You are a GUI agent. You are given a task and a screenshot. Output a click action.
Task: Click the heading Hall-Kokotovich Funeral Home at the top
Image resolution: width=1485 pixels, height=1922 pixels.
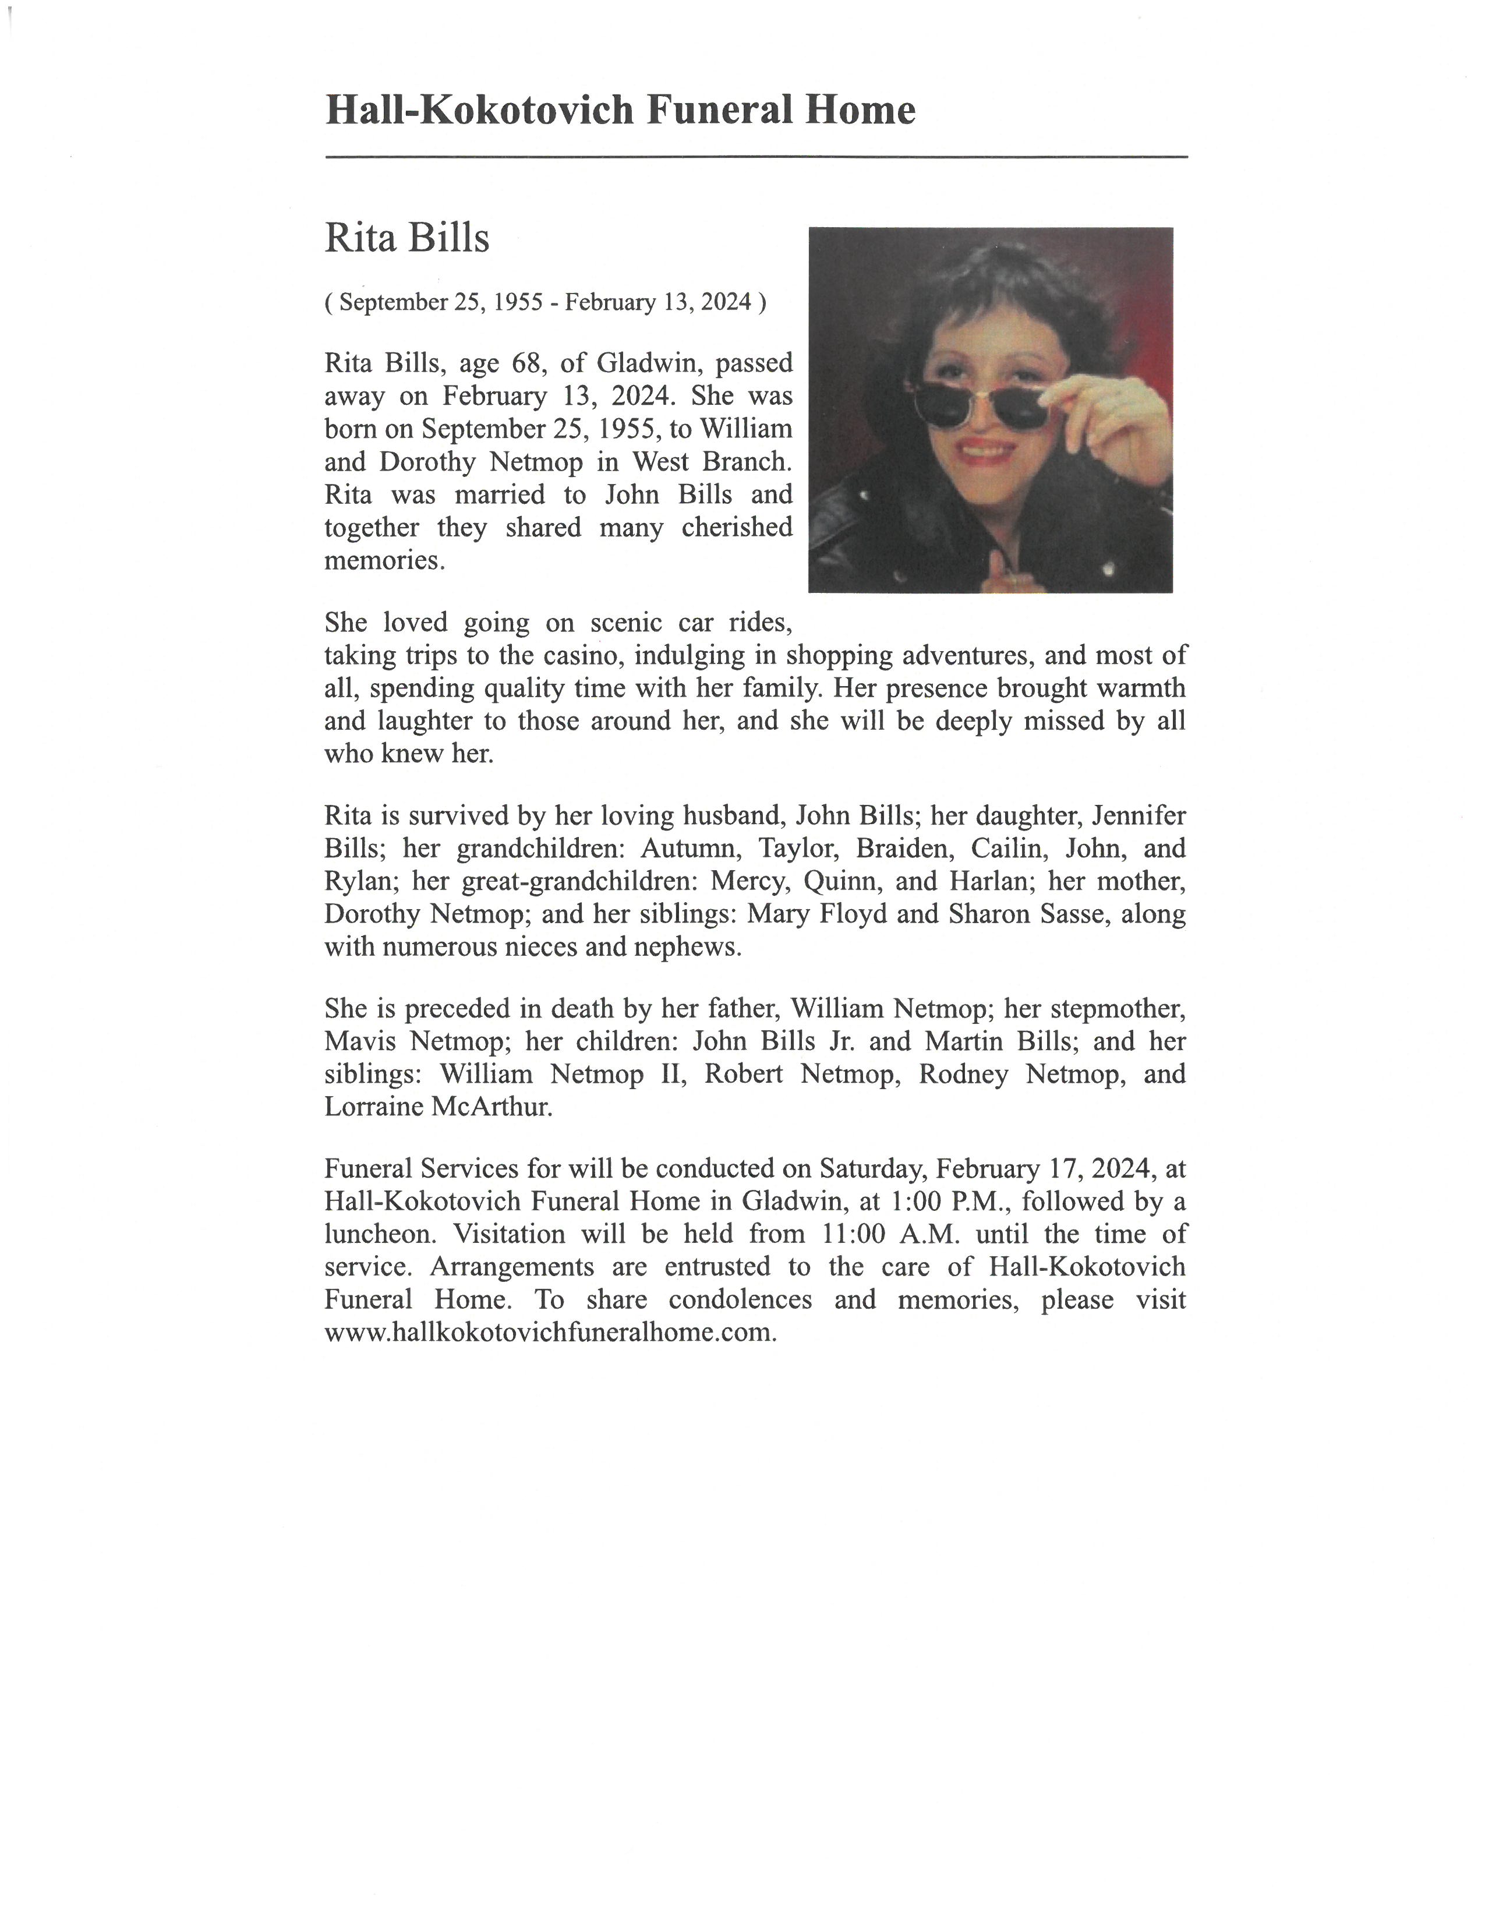620,111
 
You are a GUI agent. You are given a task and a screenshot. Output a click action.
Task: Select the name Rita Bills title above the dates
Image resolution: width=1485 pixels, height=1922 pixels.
406,238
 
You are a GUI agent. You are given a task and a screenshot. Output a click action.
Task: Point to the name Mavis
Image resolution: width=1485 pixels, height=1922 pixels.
359,1042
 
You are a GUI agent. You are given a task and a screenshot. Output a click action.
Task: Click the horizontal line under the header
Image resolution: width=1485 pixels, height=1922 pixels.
756,157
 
